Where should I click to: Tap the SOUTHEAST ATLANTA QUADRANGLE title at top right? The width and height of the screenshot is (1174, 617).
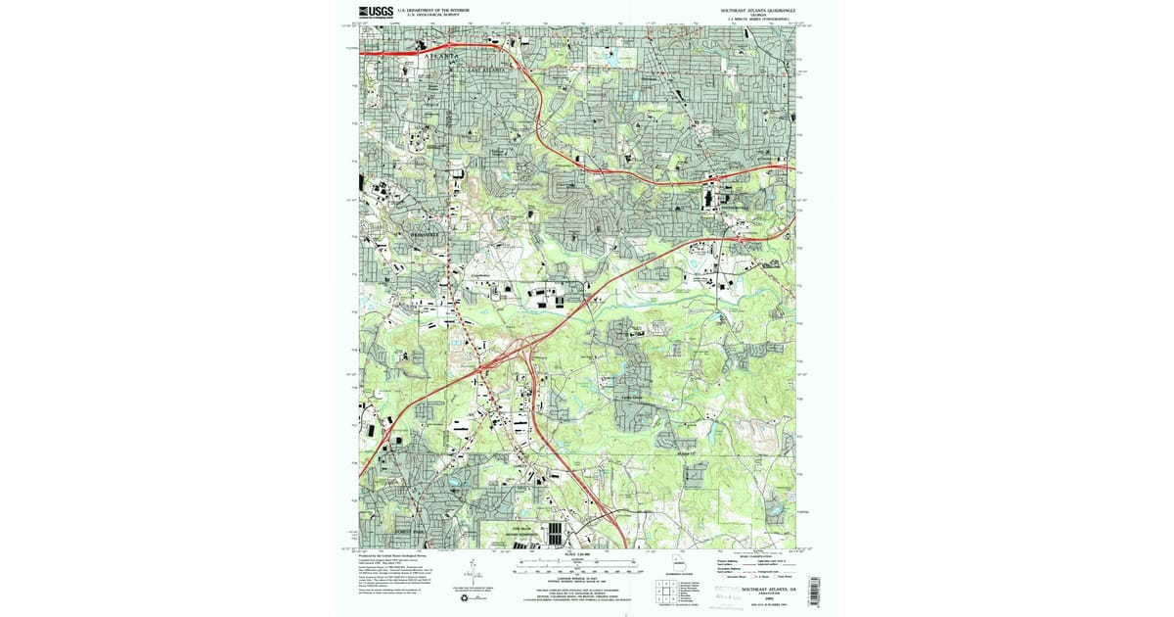[752, 10]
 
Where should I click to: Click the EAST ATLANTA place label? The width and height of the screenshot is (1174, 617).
[486, 71]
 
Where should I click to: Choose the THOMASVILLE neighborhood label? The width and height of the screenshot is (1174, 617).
[426, 234]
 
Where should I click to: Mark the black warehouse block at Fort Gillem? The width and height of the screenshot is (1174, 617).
[556, 534]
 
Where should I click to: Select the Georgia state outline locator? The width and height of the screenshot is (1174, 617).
[676, 563]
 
